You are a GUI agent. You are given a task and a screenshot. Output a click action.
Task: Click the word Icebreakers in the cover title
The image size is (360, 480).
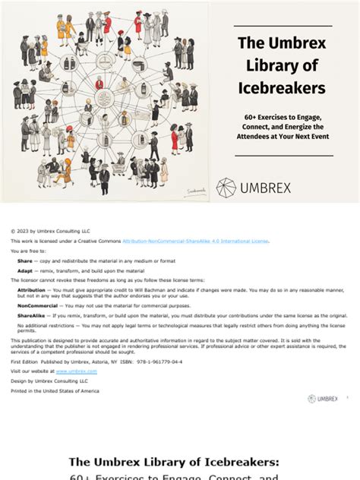(x=282, y=88)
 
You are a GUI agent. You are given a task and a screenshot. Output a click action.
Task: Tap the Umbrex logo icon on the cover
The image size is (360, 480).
(x=226, y=188)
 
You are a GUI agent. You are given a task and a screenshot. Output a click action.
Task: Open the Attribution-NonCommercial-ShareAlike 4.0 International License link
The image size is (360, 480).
(x=195, y=241)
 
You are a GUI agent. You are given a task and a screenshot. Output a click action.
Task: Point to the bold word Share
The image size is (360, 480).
(x=24, y=260)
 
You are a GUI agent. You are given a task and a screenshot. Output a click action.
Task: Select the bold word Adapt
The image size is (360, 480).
(x=25, y=270)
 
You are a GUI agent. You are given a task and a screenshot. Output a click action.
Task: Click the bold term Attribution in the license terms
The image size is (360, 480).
(x=31, y=289)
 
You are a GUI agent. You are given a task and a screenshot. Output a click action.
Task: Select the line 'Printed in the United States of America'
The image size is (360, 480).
(x=55, y=390)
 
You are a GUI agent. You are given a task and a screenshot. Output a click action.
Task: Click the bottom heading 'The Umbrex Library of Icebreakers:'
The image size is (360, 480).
(x=174, y=461)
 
